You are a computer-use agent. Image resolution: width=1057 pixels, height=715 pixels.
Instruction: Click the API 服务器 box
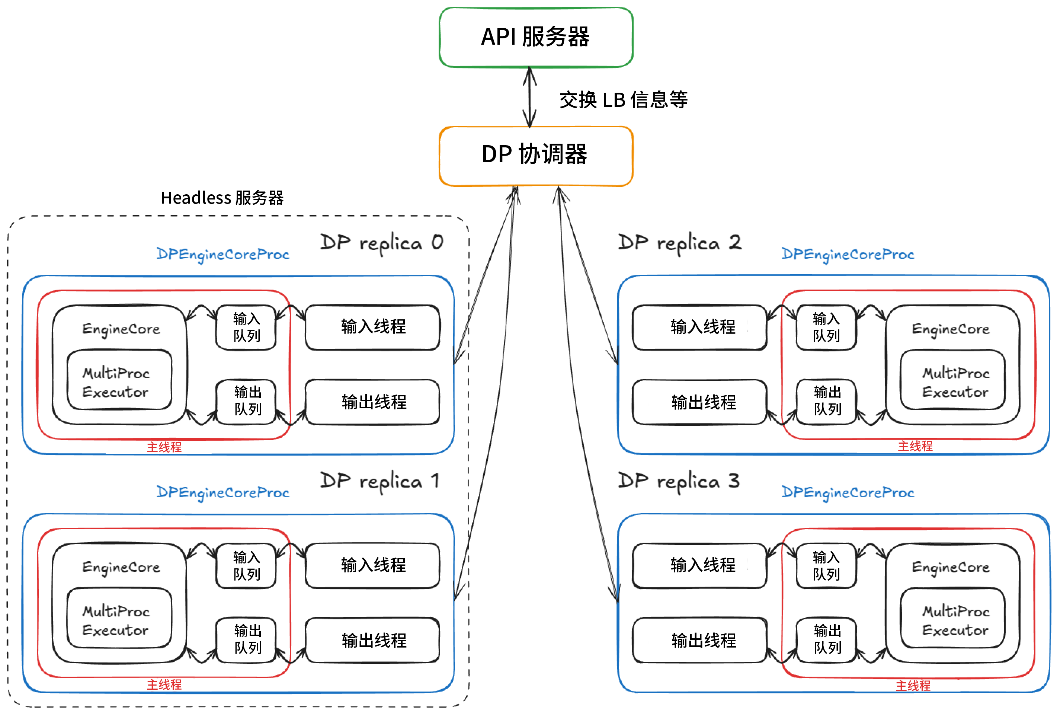click(535, 37)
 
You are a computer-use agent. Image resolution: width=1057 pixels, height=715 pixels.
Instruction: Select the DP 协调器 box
click(535, 156)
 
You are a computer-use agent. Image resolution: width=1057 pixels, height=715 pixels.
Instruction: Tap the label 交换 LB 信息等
click(623, 100)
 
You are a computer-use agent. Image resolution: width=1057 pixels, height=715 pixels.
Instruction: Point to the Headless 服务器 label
click(222, 198)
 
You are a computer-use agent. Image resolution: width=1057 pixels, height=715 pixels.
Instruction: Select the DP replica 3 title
click(678, 481)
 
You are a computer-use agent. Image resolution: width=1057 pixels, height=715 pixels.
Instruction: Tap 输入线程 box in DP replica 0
click(372, 327)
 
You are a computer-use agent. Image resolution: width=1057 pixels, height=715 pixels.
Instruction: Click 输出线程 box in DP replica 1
click(372, 640)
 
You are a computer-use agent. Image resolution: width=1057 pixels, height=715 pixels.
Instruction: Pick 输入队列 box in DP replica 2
click(826, 327)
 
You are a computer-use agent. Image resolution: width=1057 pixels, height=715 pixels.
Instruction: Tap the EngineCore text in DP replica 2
click(950, 329)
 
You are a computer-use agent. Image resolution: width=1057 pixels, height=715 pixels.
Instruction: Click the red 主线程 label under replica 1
click(164, 684)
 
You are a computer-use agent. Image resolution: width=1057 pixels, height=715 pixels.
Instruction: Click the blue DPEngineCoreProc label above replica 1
click(222, 492)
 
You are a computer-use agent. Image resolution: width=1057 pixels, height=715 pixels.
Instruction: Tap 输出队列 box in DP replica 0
click(247, 401)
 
